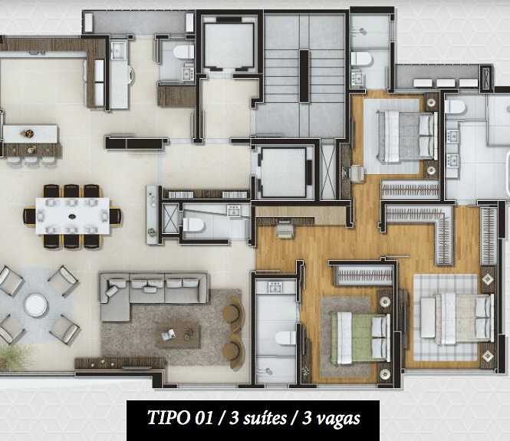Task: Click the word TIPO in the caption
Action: coord(169,417)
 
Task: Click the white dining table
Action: coord(73,216)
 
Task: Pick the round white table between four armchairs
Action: coord(36,305)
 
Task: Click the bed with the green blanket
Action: coord(360,337)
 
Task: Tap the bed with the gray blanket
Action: coord(406,137)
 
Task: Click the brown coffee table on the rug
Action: coord(178,335)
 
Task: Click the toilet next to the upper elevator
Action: coord(183,51)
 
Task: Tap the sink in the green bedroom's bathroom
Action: coord(275,287)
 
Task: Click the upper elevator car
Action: coord(229,45)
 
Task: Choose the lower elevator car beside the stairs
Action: coord(283,172)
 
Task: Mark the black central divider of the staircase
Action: coord(304,76)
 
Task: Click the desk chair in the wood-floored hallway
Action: coord(285,230)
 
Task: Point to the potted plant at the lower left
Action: coord(12,357)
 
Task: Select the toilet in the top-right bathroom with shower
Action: coord(361,59)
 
